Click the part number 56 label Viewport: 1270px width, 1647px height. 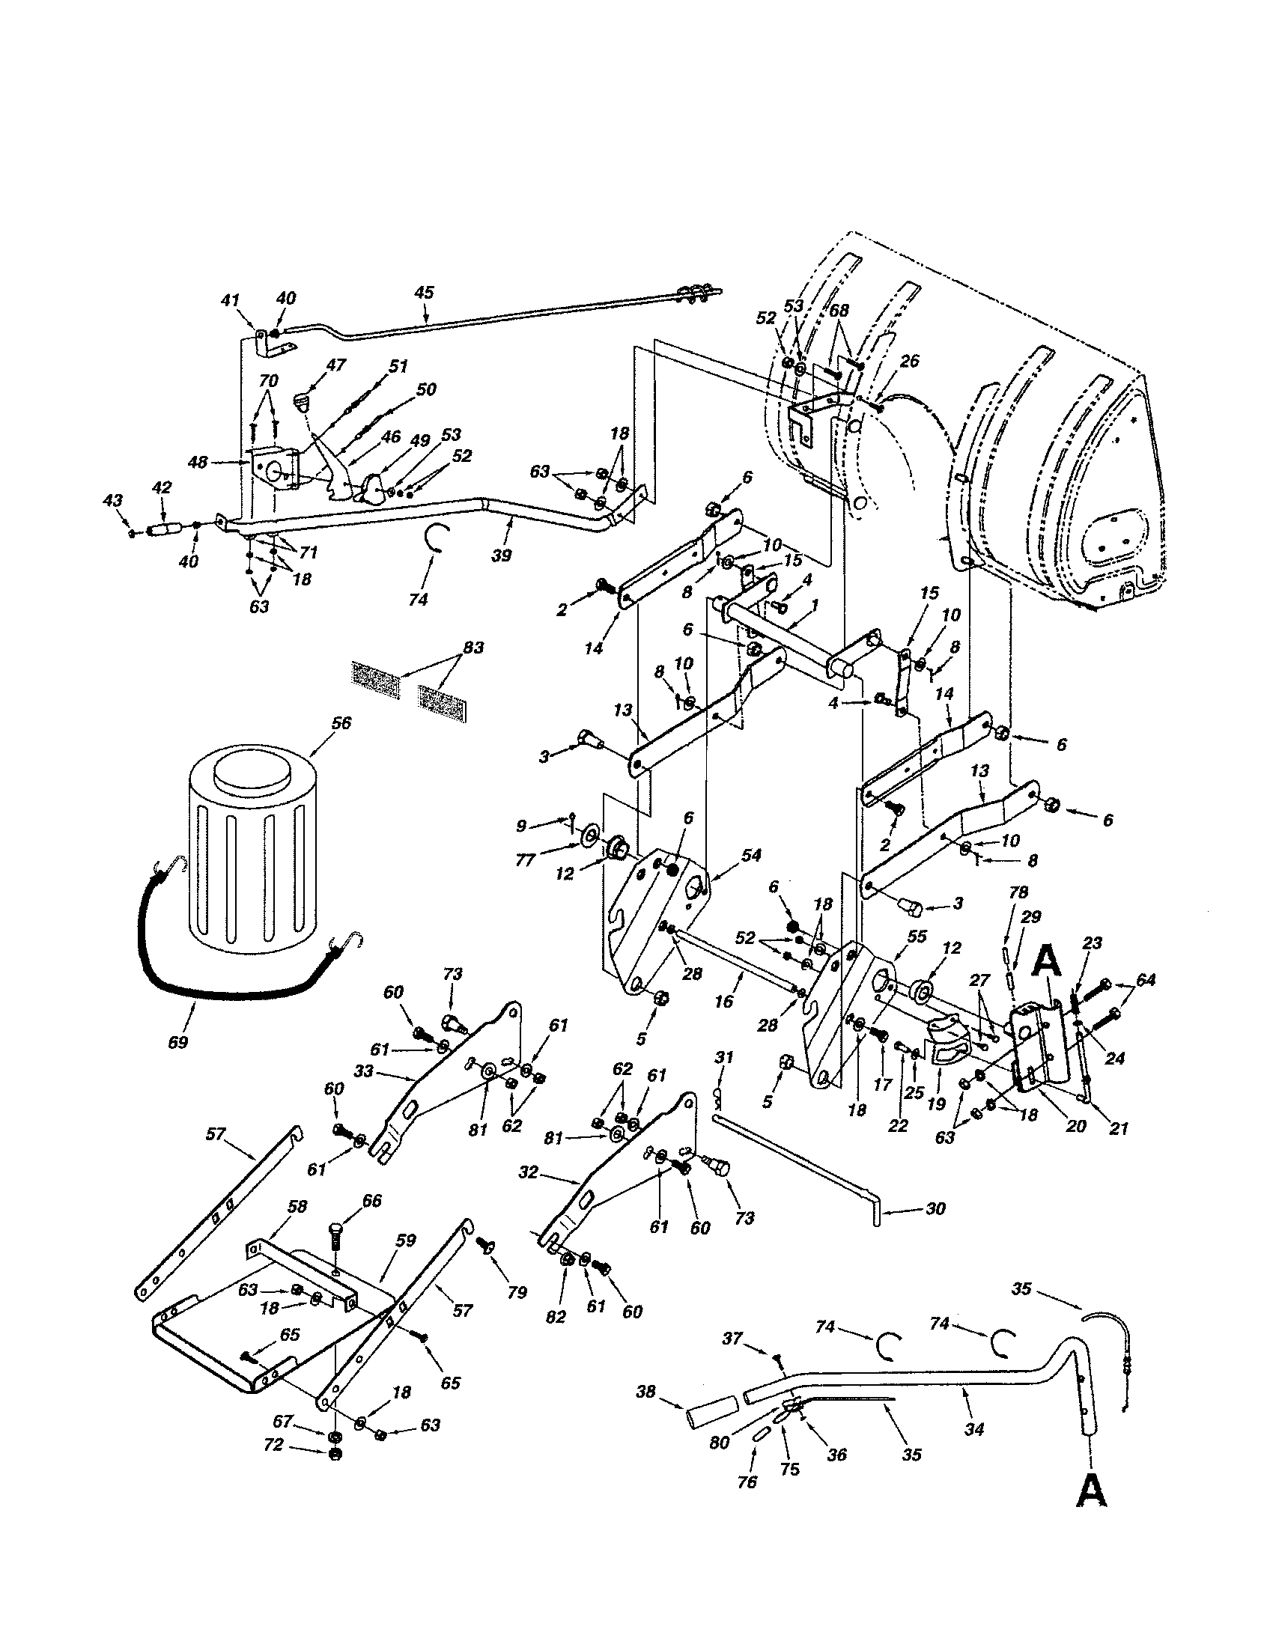pos(341,723)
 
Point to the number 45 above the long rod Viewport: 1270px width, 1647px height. pos(425,292)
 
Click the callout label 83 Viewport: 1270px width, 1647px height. pos(473,648)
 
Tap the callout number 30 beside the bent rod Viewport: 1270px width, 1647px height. pos(935,1208)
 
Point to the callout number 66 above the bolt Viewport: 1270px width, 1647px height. pos(372,1201)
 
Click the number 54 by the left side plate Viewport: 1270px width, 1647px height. pos(751,855)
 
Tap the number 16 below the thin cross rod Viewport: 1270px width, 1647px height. pos(723,1002)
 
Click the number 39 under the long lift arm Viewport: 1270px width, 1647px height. pos(501,555)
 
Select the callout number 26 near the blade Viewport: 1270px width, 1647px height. pos(911,362)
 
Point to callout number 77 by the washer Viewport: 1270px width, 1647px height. pos(525,859)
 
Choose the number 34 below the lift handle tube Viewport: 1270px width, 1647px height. pos(974,1429)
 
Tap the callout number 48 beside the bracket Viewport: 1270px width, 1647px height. pos(198,462)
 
